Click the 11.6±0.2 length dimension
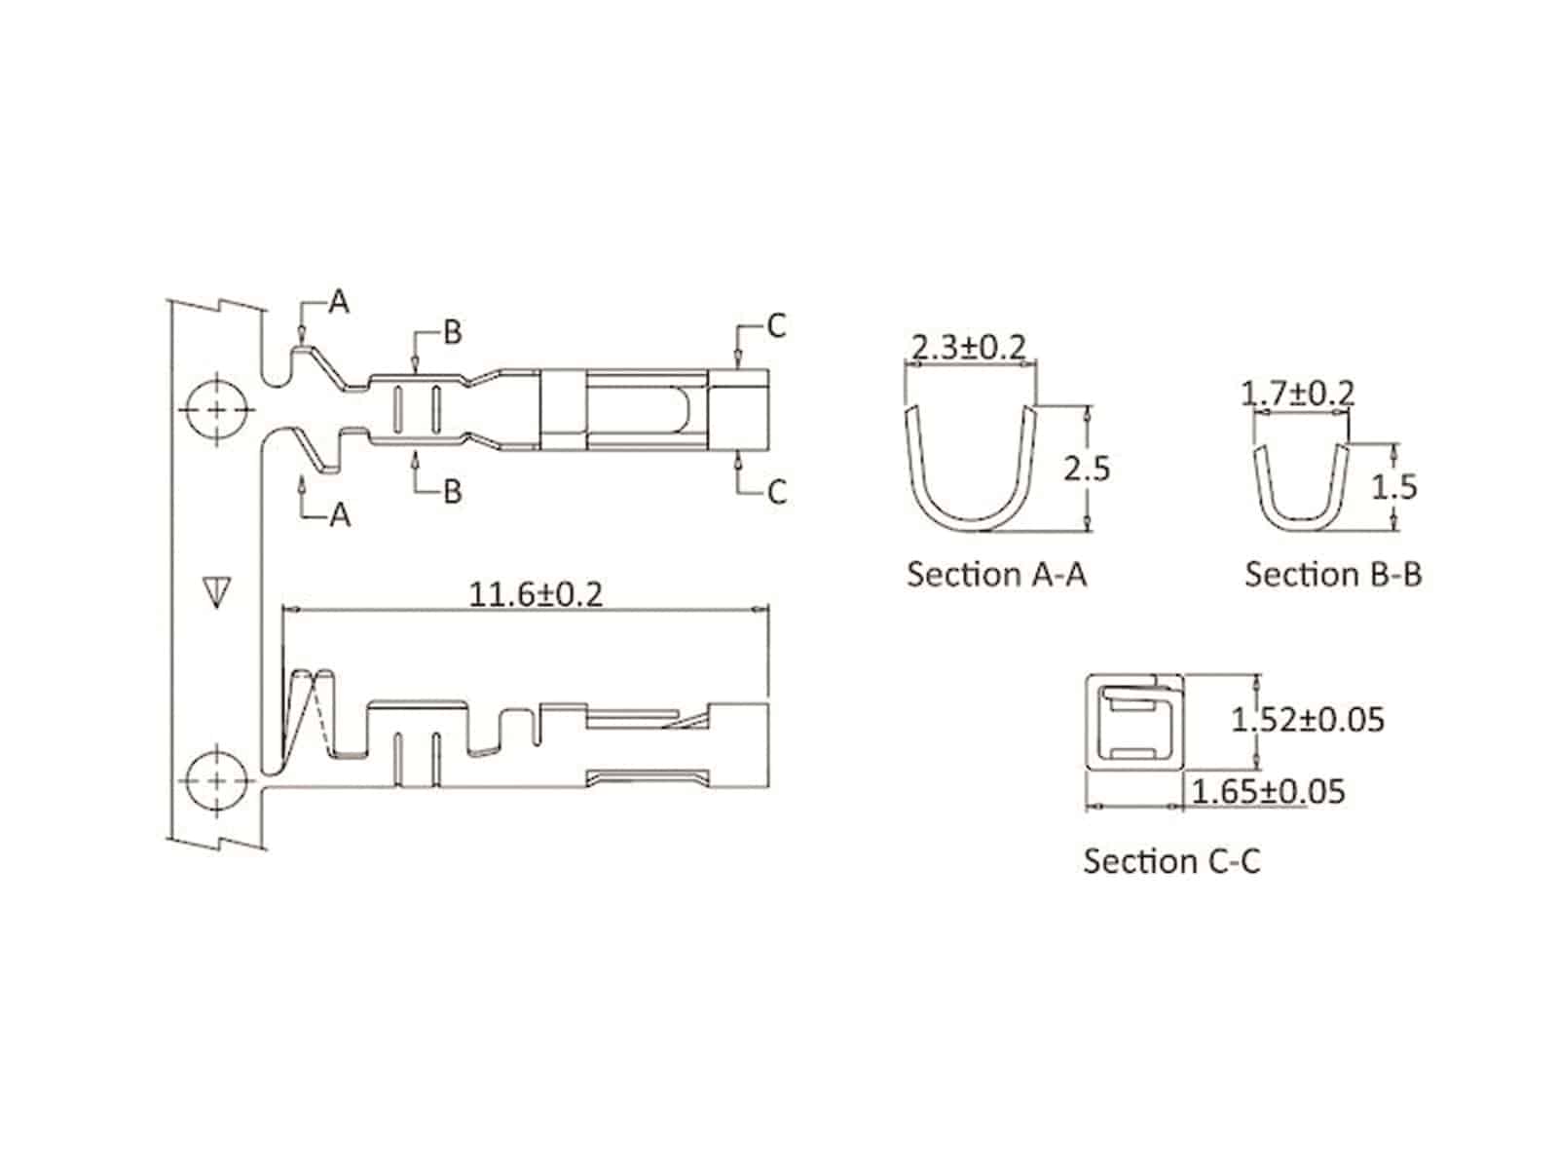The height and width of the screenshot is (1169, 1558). pos(536,594)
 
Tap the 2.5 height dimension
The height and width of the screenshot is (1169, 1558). pos(1086,470)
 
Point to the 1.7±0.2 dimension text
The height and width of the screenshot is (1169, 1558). pos(1297,393)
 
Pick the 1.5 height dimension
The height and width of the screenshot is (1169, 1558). pos(1393,487)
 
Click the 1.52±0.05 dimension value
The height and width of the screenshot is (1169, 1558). pos(1308,720)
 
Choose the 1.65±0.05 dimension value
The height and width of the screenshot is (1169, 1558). pos(1268,791)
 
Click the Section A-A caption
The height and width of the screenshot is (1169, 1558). pos(996,574)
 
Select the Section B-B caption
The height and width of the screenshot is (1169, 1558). pos(1333,574)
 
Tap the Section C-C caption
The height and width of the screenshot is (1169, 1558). pos(1171,861)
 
